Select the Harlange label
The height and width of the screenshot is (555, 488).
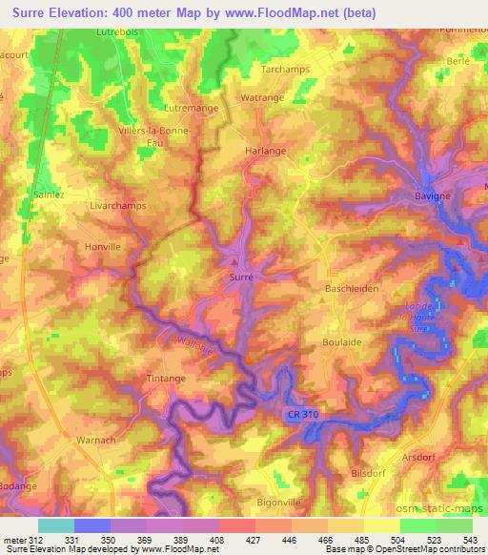pos(266,151)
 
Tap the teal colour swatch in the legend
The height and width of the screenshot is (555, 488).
pos(56,525)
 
